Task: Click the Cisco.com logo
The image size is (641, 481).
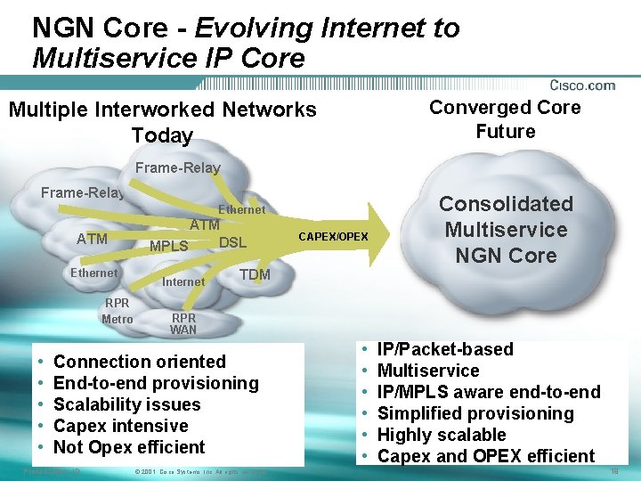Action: (582, 86)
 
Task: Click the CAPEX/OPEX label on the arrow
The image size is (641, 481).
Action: (332, 236)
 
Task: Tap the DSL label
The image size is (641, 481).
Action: (232, 242)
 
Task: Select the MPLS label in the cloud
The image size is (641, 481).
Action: (168, 246)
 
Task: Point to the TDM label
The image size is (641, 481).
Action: (255, 274)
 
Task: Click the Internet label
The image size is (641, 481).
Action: (183, 281)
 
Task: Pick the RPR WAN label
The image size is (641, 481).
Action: (183, 323)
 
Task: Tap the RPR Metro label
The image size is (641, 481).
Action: (117, 311)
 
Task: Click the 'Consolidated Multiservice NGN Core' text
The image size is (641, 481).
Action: (506, 229)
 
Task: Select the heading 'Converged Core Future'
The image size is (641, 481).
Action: (505, 119)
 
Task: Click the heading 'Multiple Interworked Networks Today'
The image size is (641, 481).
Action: (162, 122)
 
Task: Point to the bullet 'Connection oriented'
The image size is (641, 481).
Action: (140, 362)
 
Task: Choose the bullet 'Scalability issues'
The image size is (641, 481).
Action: (127, 404)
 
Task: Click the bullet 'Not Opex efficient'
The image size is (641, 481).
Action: (129, 447)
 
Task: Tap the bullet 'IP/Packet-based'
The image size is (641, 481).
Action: (445, 349)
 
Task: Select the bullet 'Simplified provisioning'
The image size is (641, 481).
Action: (475, 413)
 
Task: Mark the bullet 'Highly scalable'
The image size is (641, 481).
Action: (442, 435)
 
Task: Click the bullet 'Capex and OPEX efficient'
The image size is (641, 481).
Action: (486, 456)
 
